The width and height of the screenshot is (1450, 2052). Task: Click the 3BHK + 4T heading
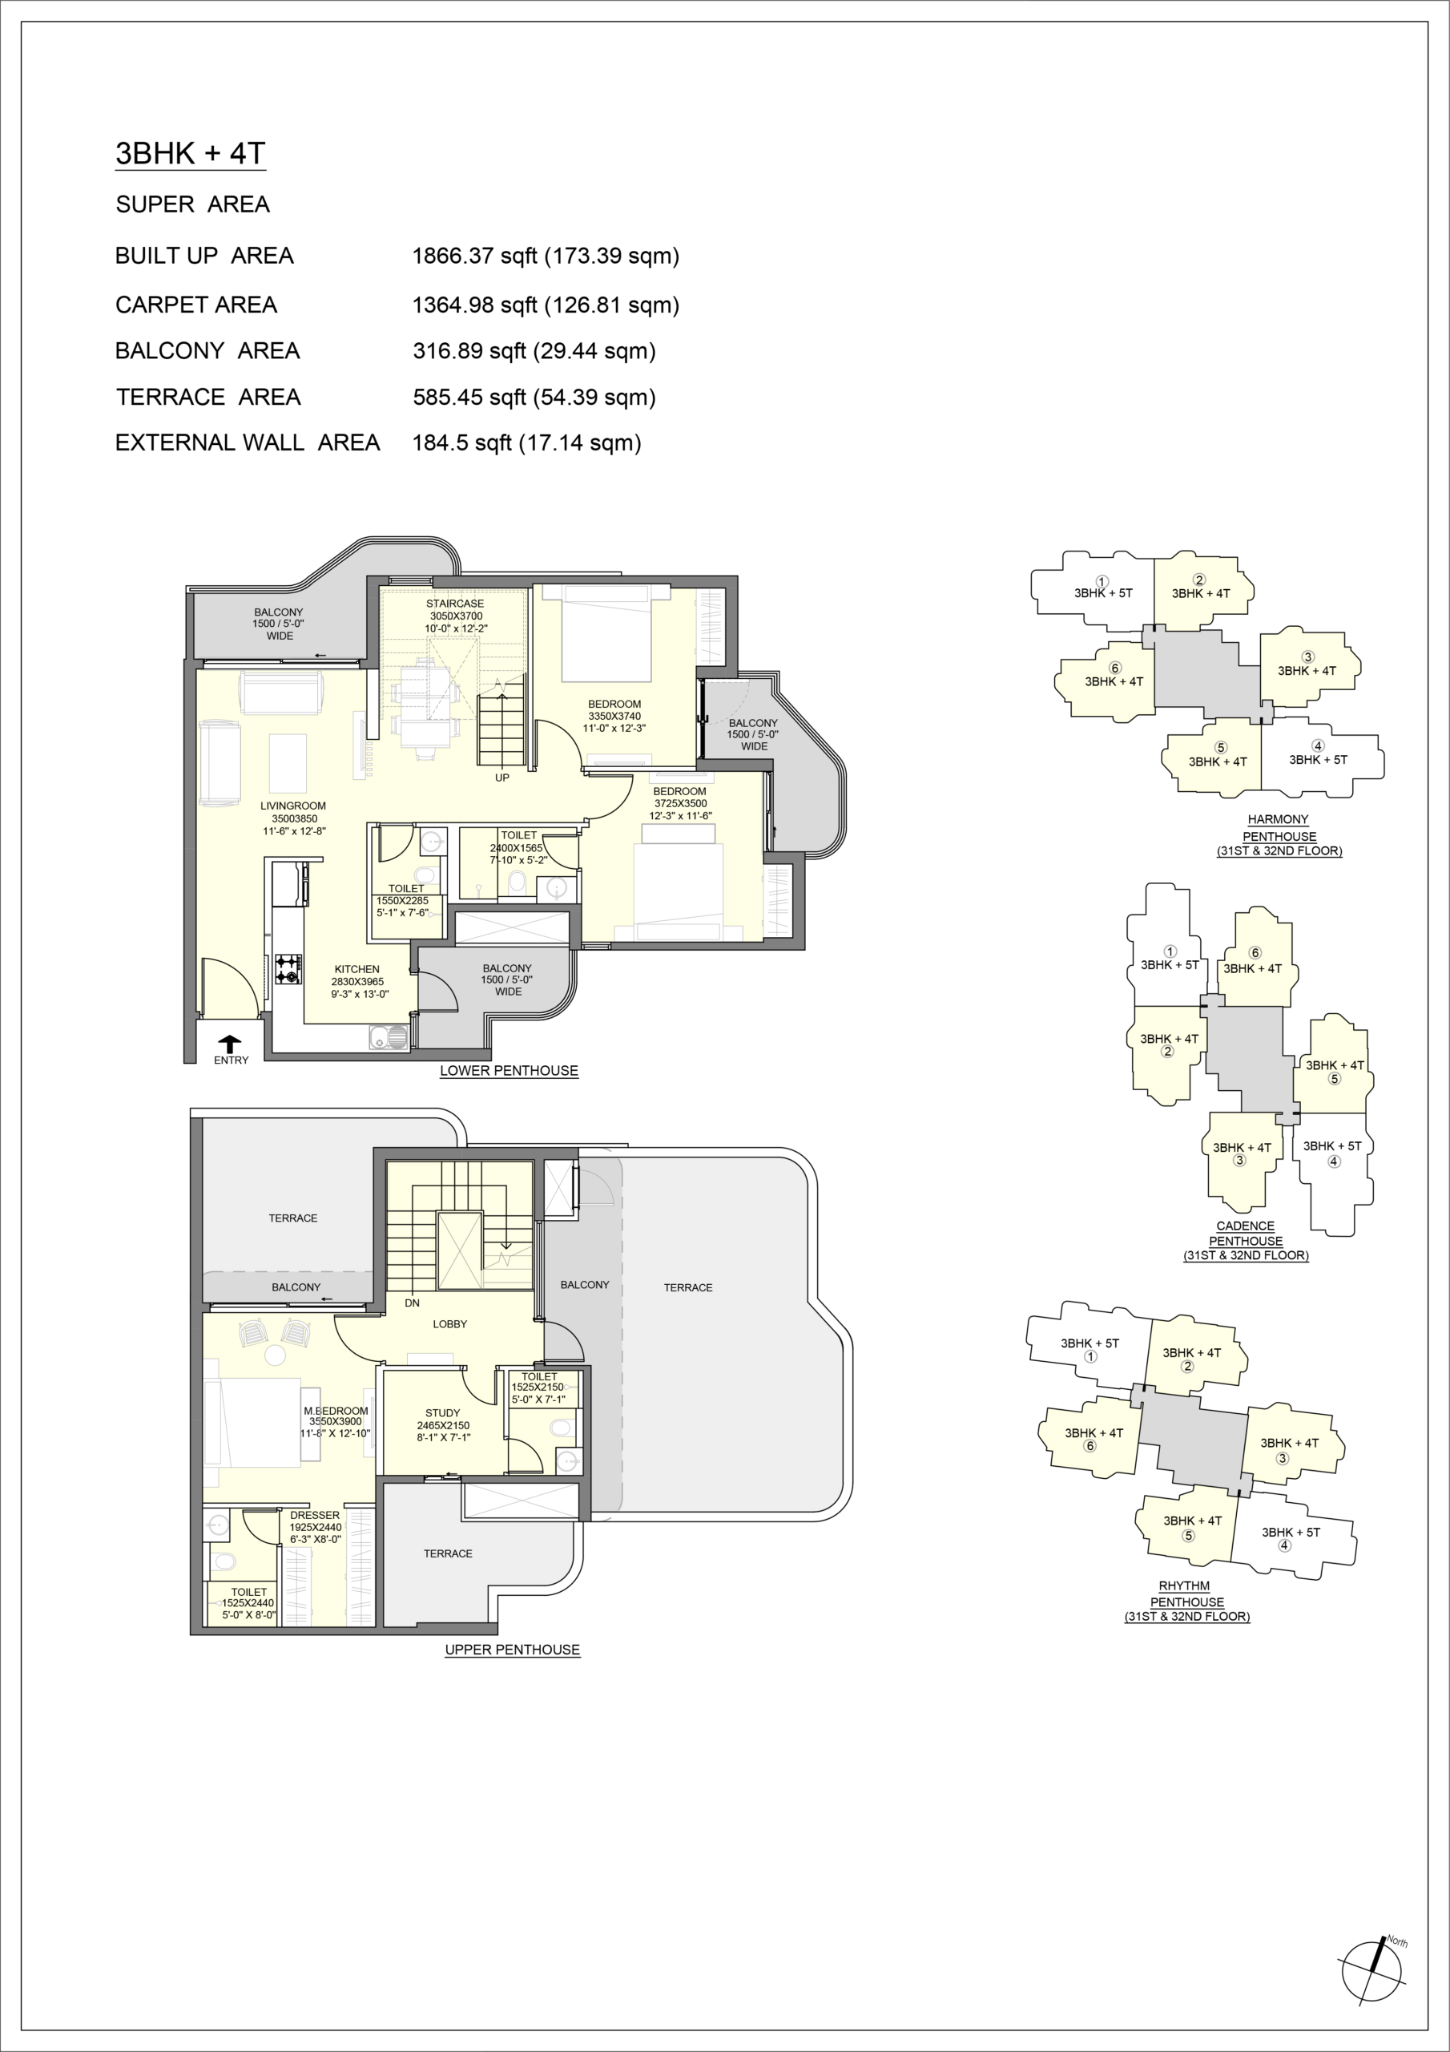(x=191, y=154)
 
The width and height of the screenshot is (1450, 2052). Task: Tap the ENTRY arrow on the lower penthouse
(x=231, y=1043)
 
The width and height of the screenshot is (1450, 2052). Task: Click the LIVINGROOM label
(x=293, y=806)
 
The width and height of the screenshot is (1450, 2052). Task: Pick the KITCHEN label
(x=356, y=969)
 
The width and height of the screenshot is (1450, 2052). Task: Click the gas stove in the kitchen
(x=288, y=969)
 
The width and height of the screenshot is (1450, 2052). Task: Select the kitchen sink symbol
(x=388, y=1036)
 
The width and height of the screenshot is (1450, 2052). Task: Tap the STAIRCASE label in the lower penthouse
(x=456, y=604)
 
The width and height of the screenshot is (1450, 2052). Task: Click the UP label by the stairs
(x=502, y=778)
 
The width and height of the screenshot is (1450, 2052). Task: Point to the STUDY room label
(x=443, y=1413)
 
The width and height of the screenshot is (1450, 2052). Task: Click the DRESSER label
(x=315, y=1515)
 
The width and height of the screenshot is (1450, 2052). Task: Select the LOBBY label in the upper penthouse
(x=449, y=1323)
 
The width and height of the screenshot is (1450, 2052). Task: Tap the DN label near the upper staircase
(x=412, y=1303)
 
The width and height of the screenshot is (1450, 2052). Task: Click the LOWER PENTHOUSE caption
(x=510, y=1071)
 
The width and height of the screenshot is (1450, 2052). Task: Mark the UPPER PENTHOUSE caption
(x=513, y=1650)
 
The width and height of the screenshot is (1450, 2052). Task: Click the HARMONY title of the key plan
(x=1279, y=819)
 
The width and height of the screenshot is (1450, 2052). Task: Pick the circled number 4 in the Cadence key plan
(x=1334, y=1161)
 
